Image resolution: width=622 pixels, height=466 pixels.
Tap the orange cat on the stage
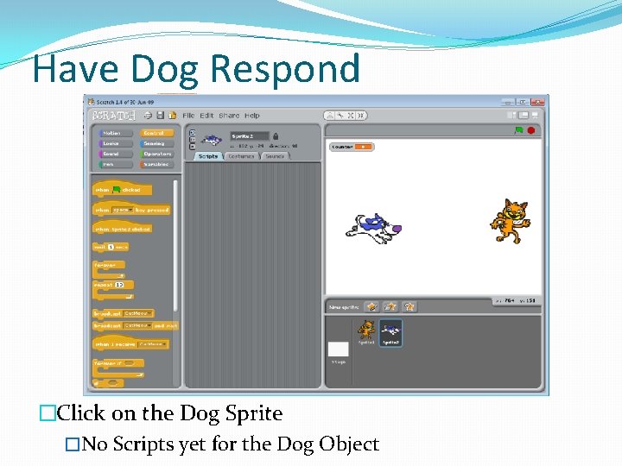pyautogui.click(x=509, y=221)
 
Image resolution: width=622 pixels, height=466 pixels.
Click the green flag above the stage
pyautogui.click(x=518, y=130)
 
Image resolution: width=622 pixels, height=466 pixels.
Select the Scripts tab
pyautogui.click(x=208, y=156)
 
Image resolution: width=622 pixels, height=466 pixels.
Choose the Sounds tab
pyautogui.click(x=275, y=156)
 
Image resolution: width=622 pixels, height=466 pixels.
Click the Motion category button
pyautogui.click(x=112, y=134)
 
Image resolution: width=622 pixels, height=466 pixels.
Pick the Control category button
pyautogui.click(x=155, y=134)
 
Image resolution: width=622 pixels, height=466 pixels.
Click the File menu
pyautogui.click(x=188, y=116)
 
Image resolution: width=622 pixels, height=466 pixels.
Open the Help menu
pyautogui.click(x=251, y=116)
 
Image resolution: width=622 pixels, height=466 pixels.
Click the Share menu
pyautogui.click(x=229, y=116)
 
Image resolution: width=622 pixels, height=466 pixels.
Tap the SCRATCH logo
pyautogui.click(x=113, y=115)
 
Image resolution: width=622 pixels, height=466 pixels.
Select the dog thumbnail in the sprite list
pyautogui.click(x=390, y=332)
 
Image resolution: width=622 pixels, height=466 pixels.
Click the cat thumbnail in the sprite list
pyautogui.click(x=366, y=332)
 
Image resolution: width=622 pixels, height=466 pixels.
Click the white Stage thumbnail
pyautogui.click(x=339, y=349)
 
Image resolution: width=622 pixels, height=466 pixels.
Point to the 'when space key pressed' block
pyautogui.click(x=131, y=210)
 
